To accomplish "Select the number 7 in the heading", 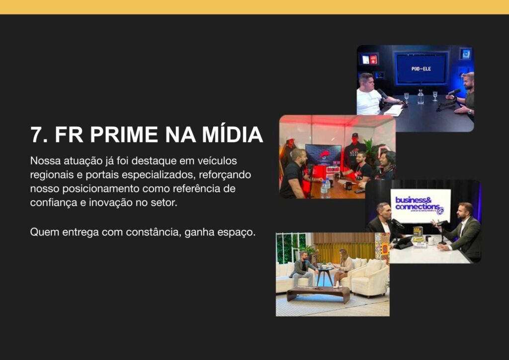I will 36,135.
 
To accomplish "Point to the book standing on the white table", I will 419,235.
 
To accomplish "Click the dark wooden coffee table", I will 318,293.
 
